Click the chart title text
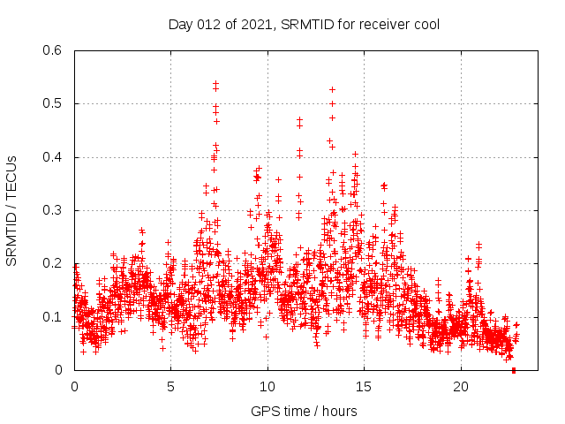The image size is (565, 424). (304, 24)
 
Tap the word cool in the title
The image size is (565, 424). (424, 24)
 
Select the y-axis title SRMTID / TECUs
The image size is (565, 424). (12, 210)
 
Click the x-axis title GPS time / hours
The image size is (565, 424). (304, 411)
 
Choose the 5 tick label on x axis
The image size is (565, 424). (170, 387)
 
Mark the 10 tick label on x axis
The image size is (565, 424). (267, 387)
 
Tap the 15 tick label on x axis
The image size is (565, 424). (364, 387)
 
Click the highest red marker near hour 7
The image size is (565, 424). (215, 83)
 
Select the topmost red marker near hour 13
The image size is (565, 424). (332, 89)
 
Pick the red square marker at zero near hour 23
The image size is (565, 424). (514, 370)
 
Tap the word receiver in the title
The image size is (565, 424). (380, 24)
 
